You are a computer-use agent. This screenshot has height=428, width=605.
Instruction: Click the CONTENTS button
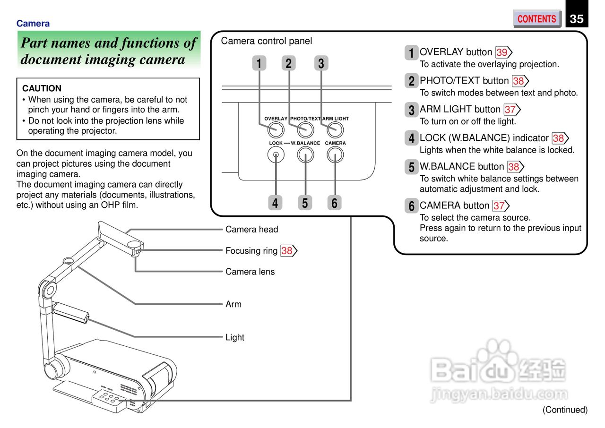tap(536, 19)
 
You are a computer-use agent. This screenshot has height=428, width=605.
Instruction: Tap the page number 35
tap(577, 19)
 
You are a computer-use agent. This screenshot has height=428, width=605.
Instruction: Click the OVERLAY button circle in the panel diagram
tap(276, 129)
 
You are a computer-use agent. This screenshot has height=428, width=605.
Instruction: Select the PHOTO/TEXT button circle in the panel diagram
tap(305, 129)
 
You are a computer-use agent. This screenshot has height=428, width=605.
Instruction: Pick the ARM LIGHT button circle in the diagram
tap(335, 129)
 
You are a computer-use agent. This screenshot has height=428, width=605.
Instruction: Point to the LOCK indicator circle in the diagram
tap(276, 154)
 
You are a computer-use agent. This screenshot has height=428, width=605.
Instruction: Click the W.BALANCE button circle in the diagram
tap(305, 154)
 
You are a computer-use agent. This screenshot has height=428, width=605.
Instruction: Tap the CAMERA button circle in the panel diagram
tap(335, 154)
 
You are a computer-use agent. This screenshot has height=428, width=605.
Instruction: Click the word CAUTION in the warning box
tap(42, 88)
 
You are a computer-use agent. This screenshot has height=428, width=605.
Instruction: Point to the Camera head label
tap(251, 230)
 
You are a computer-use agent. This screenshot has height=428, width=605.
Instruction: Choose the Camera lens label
tap(250, 272)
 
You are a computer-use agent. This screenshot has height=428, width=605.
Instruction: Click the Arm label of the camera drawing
tap(233, 304)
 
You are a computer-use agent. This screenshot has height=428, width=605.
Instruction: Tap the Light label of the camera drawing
tap(235, 337)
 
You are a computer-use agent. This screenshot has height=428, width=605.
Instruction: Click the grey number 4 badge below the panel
tap(275, 203)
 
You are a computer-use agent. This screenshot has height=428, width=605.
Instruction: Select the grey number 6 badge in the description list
tap(411, 206)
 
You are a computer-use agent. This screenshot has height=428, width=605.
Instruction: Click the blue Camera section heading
tap(33, 24)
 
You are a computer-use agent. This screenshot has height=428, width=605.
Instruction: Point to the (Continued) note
tap(565, 410)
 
